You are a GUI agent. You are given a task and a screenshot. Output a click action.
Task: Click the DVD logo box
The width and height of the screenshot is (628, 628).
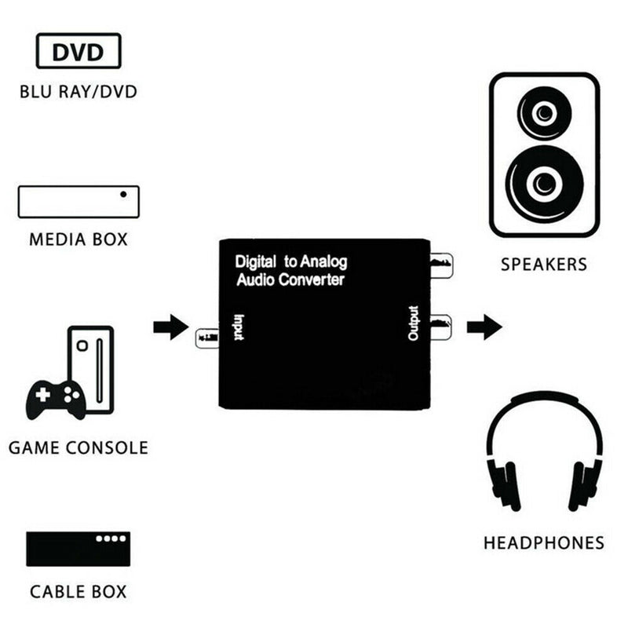tap(78, 51)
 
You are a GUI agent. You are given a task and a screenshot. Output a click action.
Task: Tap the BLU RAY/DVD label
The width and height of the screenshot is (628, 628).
tap(78, 92)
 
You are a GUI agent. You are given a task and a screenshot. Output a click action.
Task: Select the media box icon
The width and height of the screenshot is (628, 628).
tap(79, 202)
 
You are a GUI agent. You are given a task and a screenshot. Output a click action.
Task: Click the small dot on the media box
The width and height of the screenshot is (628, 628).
tap(123, 194)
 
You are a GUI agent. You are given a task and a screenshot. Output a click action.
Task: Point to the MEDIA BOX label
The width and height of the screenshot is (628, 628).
tap(78, 239)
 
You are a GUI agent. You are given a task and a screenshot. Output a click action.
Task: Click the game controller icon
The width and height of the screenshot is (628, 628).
tap(56, 400)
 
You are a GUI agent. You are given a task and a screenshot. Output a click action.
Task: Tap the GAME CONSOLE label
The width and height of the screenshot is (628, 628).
tap(78, 447)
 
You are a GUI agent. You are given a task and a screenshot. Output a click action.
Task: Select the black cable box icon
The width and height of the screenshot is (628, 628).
tap(78, 549)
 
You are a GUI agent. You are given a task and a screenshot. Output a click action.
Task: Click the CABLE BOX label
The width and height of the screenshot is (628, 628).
tap(78, 592)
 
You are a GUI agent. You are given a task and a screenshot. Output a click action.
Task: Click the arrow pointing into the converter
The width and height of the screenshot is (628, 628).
tap(171, 327)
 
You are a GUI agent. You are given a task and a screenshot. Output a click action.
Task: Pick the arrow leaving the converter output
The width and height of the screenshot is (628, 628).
tap(484, 327)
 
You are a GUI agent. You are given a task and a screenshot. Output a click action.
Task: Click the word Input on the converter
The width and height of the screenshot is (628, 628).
tap(239, 327)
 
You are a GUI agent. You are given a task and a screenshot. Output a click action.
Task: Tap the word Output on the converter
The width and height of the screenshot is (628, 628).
tap(414, 323)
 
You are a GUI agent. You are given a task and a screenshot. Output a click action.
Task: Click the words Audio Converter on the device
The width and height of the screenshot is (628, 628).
tap(290, 279)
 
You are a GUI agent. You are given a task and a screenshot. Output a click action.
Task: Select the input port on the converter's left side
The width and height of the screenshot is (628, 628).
tap(207, 338)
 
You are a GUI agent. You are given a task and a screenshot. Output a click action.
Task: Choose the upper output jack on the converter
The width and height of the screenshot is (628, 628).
tap(441, 265)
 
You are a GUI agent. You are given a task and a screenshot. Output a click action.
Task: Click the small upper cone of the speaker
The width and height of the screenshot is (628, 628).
tap(544, 113)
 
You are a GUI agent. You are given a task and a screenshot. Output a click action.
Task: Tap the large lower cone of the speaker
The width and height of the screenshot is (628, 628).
tap(544, 184)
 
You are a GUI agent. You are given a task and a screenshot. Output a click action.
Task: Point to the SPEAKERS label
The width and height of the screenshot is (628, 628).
tap(544, 265)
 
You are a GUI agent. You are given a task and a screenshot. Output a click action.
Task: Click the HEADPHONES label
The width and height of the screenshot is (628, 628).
tap(544, 543)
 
